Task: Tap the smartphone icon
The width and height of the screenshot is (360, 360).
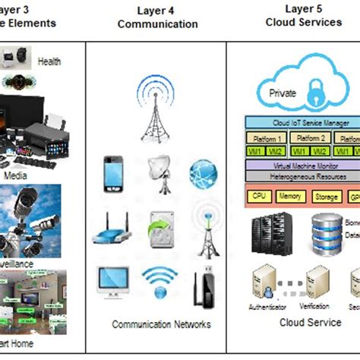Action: pos(113,172)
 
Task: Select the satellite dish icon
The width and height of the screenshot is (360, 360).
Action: pos(160,172)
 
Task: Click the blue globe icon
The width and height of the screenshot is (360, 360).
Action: pos(204,172)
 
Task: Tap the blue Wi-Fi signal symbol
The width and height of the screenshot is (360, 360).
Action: pos(159,283)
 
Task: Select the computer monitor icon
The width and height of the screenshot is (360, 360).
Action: pos(112,283)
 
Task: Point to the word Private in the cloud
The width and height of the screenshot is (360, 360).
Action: pos(283,93)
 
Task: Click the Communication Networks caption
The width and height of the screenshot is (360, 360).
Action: pos(161,324)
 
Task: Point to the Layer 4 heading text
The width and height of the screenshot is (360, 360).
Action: pos(157,10)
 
